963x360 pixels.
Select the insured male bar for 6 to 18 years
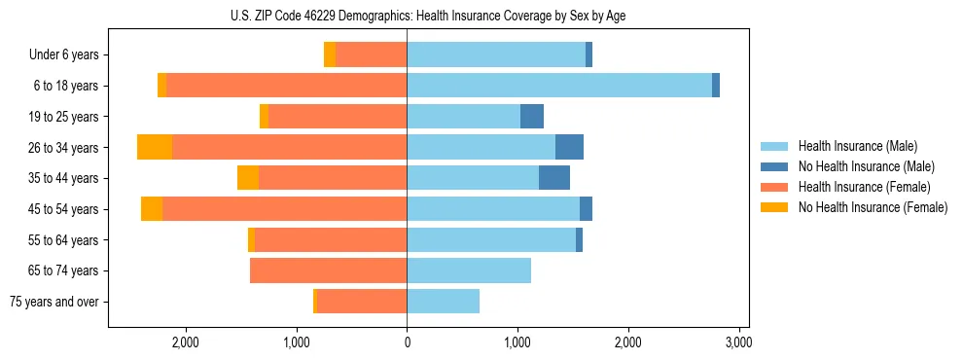559,86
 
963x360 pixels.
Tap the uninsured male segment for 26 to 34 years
569,147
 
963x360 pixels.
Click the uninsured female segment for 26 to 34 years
155,147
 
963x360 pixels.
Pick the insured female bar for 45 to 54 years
284,209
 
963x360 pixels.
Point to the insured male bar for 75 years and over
443,302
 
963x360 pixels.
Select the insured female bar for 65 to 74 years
328,270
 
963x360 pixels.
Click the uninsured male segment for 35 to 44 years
554,178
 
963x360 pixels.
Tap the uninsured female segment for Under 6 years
330,55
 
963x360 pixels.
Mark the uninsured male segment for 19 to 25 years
532,117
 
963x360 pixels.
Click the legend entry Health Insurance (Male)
857,146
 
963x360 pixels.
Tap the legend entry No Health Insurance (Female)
873,207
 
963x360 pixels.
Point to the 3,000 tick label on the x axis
738,342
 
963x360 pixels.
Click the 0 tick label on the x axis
407,342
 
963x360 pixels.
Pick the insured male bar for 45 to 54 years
493,209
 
